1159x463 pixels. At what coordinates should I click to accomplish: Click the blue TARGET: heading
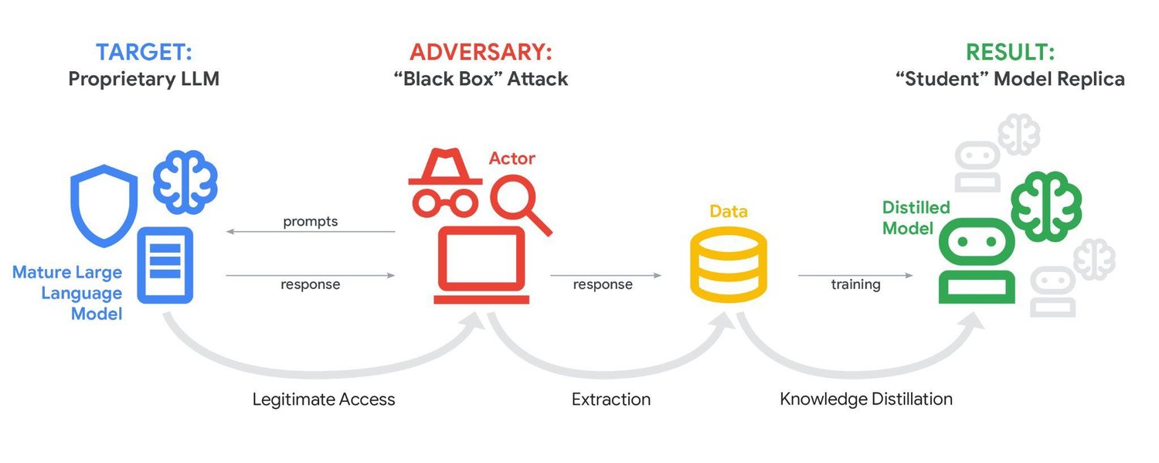pyautogui.click(x=144, y=53)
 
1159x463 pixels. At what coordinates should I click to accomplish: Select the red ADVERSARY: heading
pyautogui.click(x=481, y=53)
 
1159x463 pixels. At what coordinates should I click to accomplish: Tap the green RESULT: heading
pyautogui.click(x=1010, y=53)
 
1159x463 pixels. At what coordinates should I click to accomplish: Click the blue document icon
pyautogui.click(x=165, y=265)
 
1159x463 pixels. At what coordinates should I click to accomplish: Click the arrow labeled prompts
pyautogui.click(x=311, y=231)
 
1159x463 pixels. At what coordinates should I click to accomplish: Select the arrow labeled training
pyautogui.click(x=855, y=275)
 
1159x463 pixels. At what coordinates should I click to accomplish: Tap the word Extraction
pyautogui.click(x=610, y=400)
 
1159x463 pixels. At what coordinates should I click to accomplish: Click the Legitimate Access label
pyautogui.click(x=324, y=400)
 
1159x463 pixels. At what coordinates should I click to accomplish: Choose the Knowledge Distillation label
pyautogui.click(x=865, y=400)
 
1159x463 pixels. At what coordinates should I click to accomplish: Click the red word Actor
pyautogui.click(x=512, y=158)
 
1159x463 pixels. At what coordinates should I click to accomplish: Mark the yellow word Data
pyautogui.click(x=729, y=211)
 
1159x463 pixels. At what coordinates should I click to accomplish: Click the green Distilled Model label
pyautogui.click(x=916, y=218)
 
